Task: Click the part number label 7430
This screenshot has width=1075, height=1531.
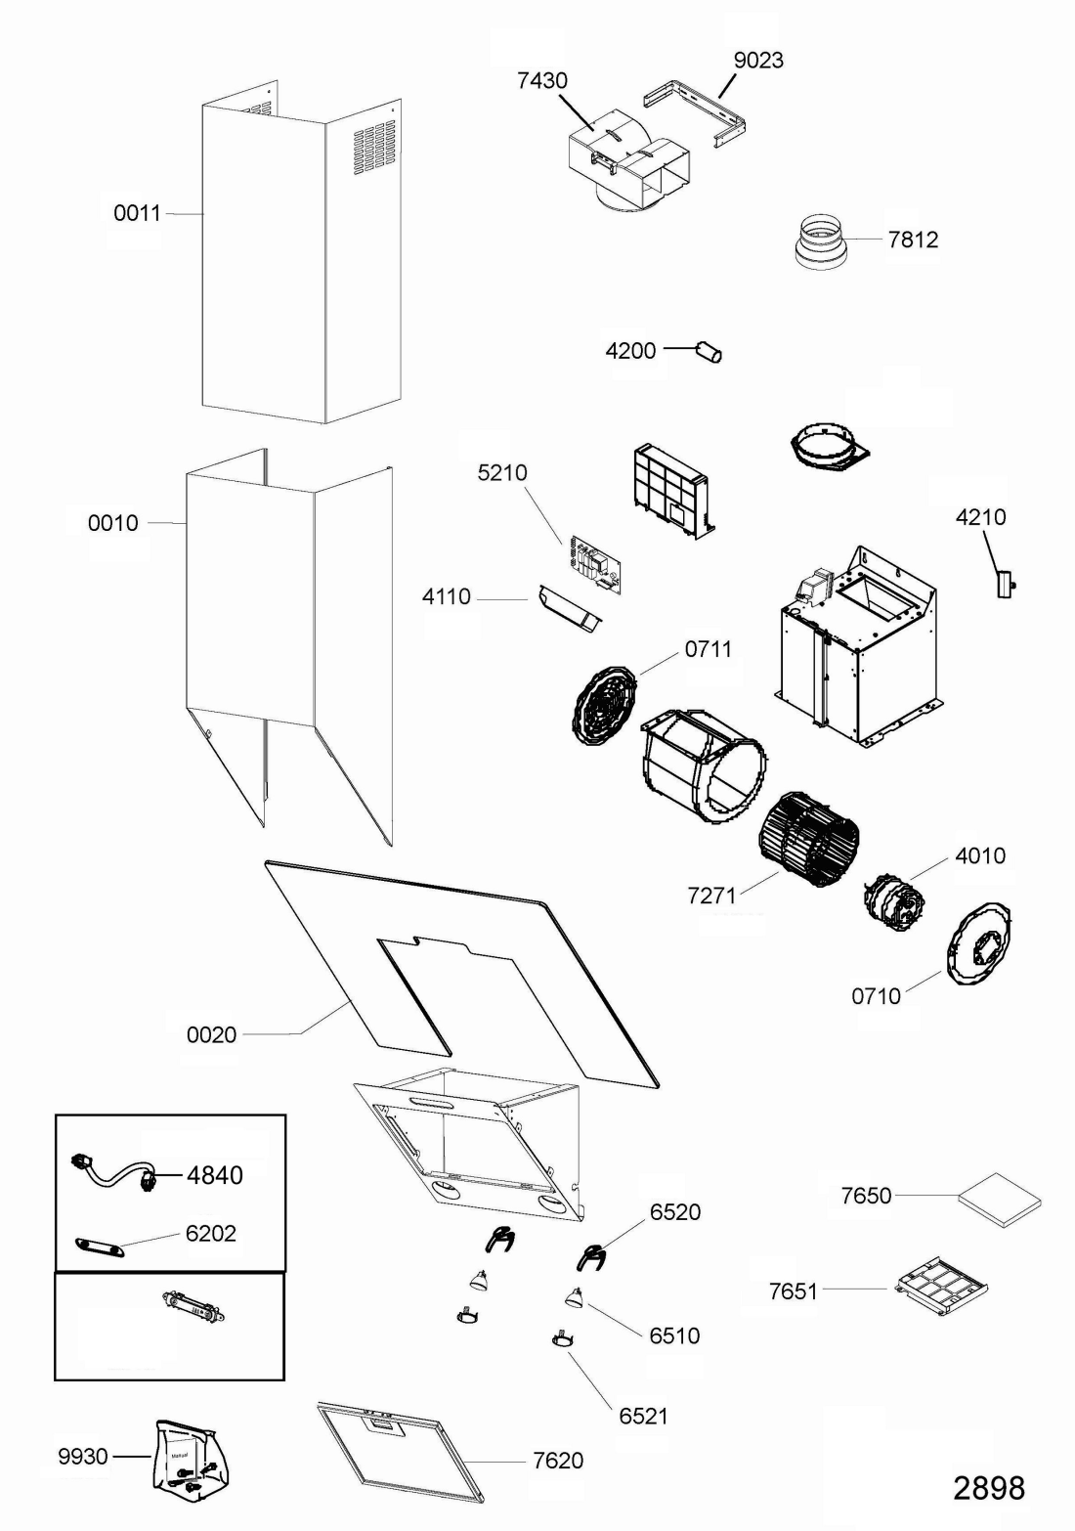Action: [542, 80]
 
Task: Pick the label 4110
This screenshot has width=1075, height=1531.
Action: [447, 596]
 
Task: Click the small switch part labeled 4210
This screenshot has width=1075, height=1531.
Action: [1005, 585]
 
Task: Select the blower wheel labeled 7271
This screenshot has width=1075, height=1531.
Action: [810, 839]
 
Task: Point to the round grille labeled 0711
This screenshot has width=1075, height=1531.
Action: [607, 705]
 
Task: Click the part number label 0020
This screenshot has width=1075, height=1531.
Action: [211, 1034]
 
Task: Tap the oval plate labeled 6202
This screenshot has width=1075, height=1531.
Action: [100, 1246]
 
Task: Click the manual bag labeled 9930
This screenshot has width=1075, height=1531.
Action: [190, 1460]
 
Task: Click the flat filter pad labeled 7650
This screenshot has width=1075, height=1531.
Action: [1000, 1200]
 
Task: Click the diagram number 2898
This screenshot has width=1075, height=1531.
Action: [990, 1487]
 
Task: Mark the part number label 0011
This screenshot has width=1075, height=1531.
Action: [138, 213]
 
